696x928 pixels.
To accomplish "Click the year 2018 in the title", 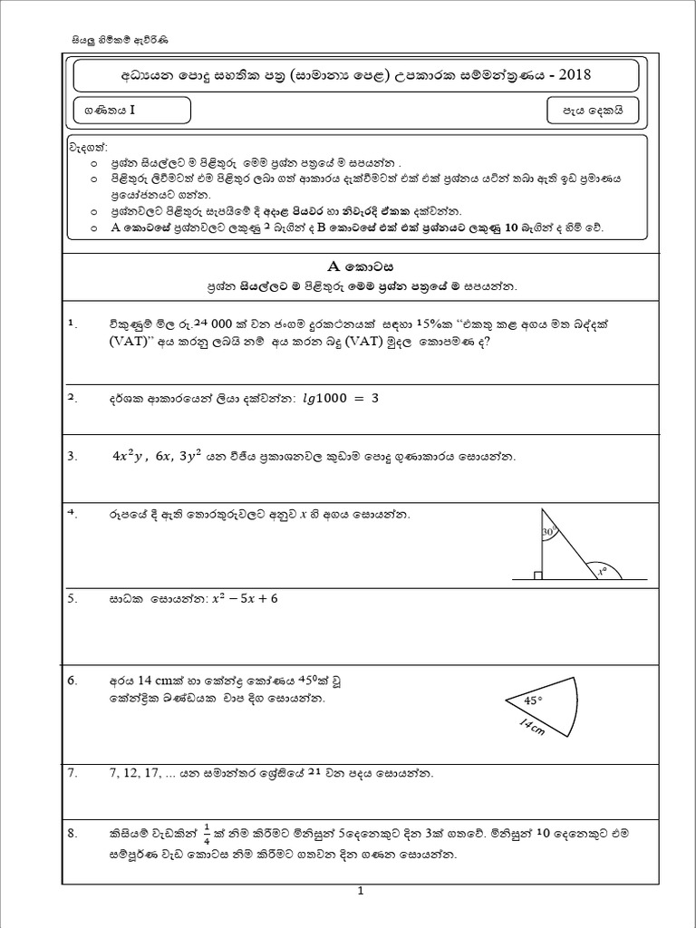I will [572, 73].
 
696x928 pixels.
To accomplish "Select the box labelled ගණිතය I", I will [132, 111].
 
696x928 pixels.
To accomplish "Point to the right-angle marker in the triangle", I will [538, 575].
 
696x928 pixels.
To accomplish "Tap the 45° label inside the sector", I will [534, 700].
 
